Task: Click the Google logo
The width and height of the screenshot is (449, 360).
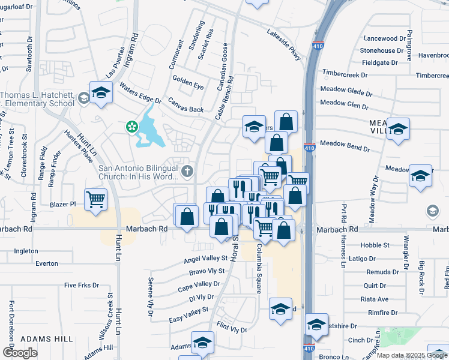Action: tap(20, 353)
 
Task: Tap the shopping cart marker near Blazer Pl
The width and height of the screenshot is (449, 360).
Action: tap(96, 200)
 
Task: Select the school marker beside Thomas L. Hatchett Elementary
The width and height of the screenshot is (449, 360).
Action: tap(101, 93)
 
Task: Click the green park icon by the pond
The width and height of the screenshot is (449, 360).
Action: tap(130, 127)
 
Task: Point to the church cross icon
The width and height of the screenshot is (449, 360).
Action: tap(187, 172)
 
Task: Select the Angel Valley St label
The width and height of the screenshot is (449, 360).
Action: tap(206, 259)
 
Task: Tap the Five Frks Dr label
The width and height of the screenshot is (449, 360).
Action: tap(81, 285)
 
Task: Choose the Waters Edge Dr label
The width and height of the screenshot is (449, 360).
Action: tap(141, 92)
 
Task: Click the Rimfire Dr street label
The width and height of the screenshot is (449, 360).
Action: tap(382, 313)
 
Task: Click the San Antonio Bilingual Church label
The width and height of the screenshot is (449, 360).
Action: tap(139, 172)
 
